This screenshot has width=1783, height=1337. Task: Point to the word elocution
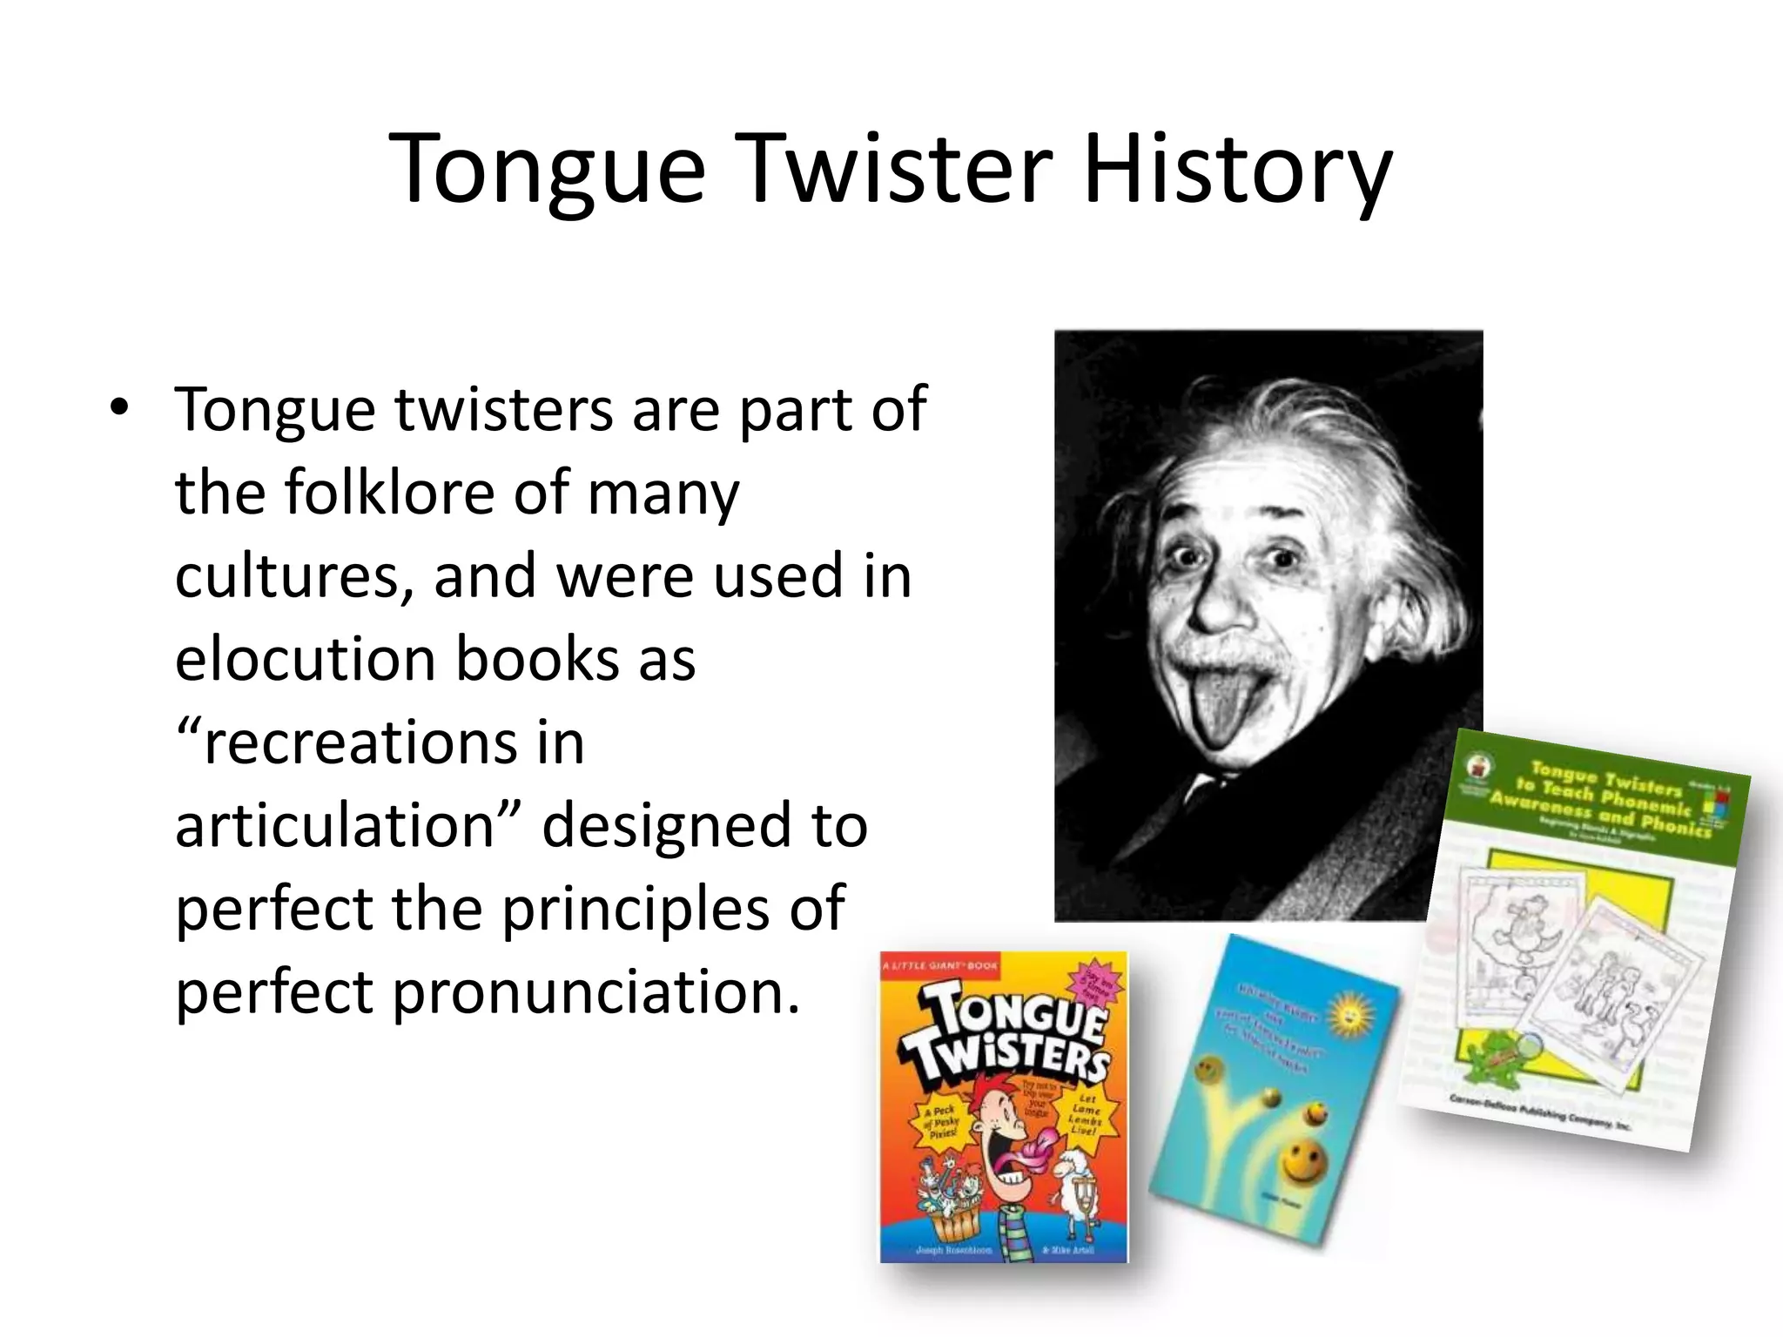[305, 659]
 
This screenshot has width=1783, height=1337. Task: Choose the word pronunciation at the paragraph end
[595, 991]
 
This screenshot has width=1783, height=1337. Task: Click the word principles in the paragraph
[635, 909]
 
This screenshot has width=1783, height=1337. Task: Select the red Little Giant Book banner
[940, 965]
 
